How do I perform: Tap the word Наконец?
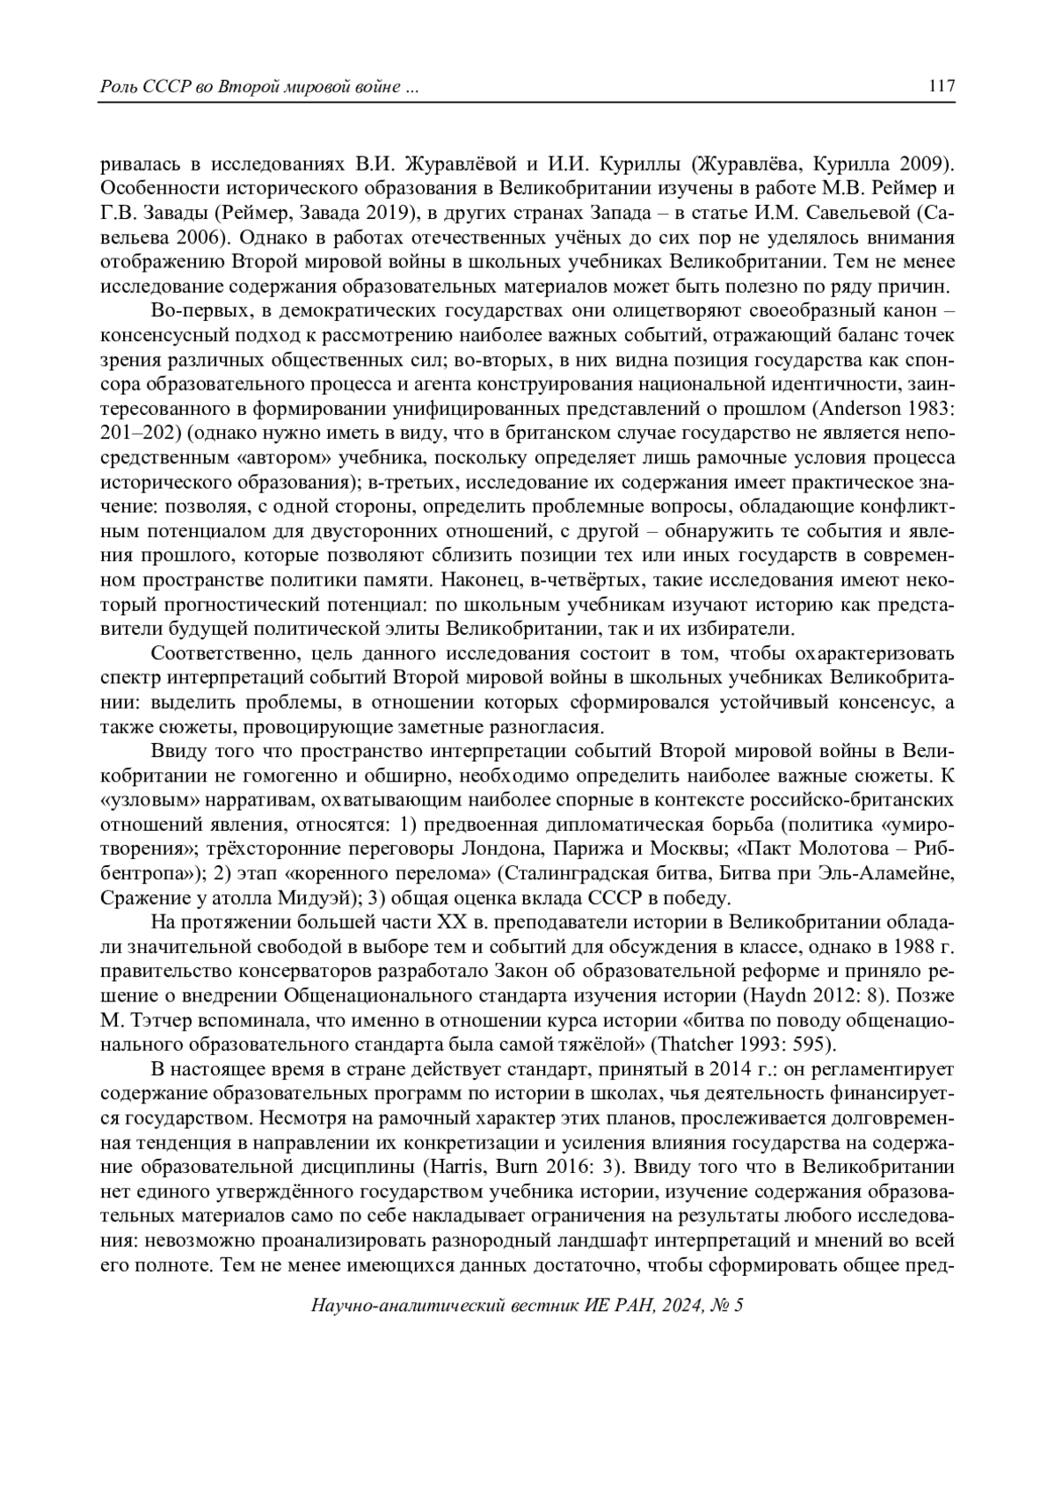click(482, 582)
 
